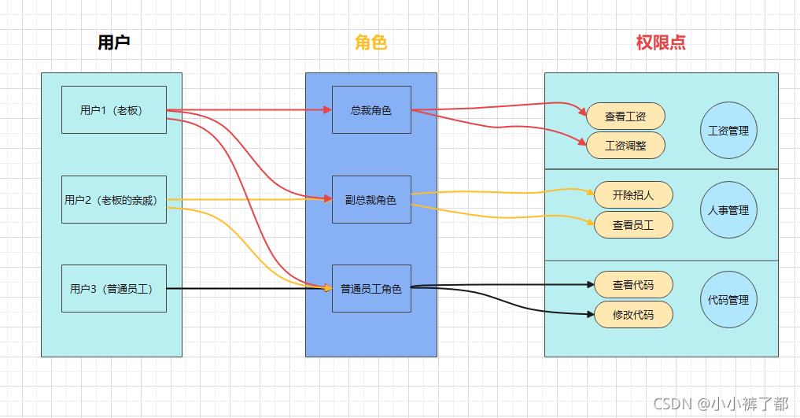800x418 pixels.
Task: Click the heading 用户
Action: pos(114,43)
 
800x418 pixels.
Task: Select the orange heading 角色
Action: pos(371,43)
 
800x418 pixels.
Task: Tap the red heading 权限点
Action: pos(661,43)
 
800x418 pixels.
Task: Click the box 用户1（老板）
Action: pos(114,110)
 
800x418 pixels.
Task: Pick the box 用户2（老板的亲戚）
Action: pos(114,200)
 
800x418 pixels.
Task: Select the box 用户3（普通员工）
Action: pos(114,289)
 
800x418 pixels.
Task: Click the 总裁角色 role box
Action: pos(371,110)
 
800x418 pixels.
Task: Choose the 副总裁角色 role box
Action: pos(371,200)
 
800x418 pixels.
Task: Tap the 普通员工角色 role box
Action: pos(371,289)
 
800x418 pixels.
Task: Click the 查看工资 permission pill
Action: pos(625,117)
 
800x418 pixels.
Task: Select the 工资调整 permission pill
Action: pos(625,146)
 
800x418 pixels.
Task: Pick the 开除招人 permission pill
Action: pos(632,195)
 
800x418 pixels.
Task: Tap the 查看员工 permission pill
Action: pos(632,225)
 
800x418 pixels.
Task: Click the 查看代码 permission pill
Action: pos(632,285)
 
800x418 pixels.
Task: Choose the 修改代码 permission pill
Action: pos(632,315)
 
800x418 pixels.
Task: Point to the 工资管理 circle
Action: pos(728,131)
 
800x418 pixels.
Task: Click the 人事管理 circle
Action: pos(728,210)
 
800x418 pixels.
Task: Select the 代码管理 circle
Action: pos(728,300)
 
